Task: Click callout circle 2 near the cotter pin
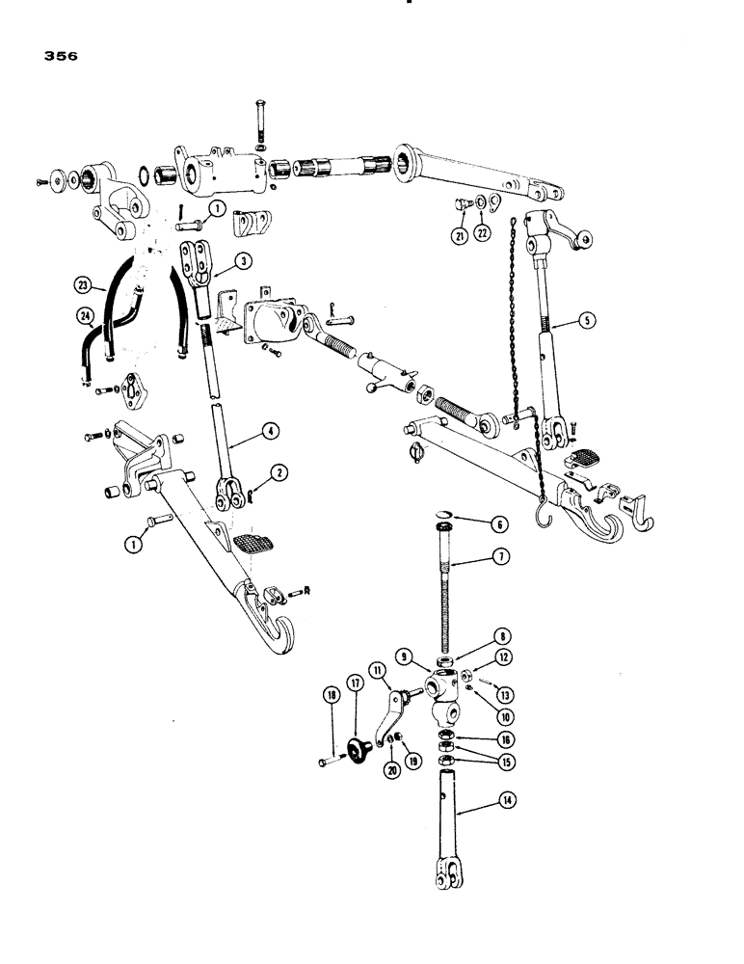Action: [278, 471]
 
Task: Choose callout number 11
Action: [378, 670]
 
